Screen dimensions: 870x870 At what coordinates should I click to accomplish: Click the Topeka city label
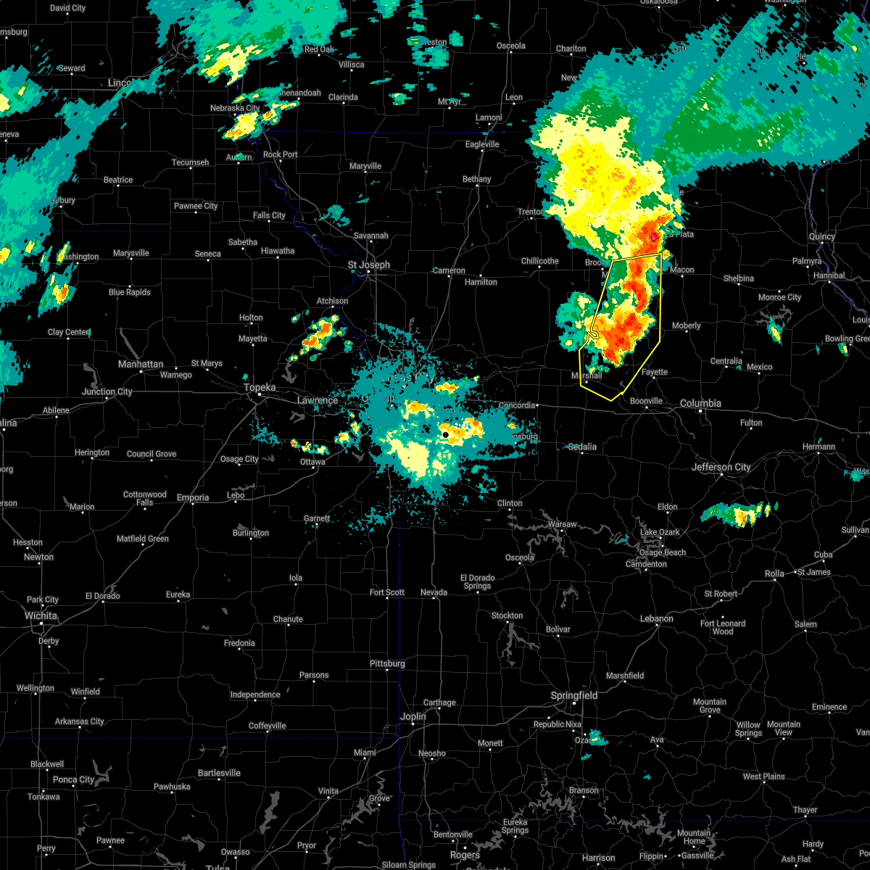click(260, 388)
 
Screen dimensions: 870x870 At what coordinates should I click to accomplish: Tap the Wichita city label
click(41, 616)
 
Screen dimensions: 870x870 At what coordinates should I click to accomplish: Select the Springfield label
click(574, 695)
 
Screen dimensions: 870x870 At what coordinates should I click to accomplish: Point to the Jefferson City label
click(722, 467)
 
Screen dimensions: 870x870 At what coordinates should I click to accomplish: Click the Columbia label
click(700, 403)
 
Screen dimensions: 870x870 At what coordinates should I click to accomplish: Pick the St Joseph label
click(368, 265)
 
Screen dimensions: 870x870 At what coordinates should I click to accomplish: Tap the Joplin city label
click(413, 716)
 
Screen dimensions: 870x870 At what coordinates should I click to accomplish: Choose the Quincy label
click(821, 236)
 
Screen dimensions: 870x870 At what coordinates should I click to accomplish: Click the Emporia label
click(192, 497)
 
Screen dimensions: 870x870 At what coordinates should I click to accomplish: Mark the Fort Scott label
click(387, 592)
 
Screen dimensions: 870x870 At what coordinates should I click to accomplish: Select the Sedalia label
click(581, 447)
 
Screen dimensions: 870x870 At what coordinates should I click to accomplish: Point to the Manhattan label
click(141, 364)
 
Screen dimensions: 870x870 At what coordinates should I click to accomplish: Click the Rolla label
click(774, 573)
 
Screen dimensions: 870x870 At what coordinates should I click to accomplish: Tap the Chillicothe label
click(539, 261)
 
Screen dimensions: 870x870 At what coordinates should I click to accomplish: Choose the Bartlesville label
click(218, 773)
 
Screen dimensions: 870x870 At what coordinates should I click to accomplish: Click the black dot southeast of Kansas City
click(445, 434)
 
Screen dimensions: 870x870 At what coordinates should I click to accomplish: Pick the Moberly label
click(686, 326)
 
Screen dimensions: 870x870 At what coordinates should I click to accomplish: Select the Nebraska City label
click(234, 108)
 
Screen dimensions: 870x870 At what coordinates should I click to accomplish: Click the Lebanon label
click(656, 618)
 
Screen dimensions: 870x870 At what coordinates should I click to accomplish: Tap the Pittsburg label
click(387, 663)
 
